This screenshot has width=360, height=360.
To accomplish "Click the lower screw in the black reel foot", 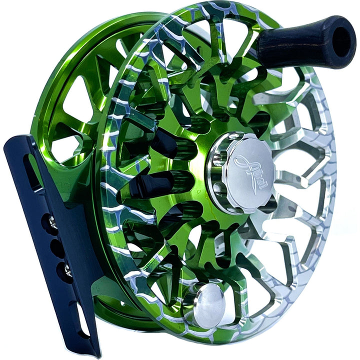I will [66, 270].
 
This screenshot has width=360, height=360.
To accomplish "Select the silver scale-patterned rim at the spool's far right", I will [330, 165].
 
